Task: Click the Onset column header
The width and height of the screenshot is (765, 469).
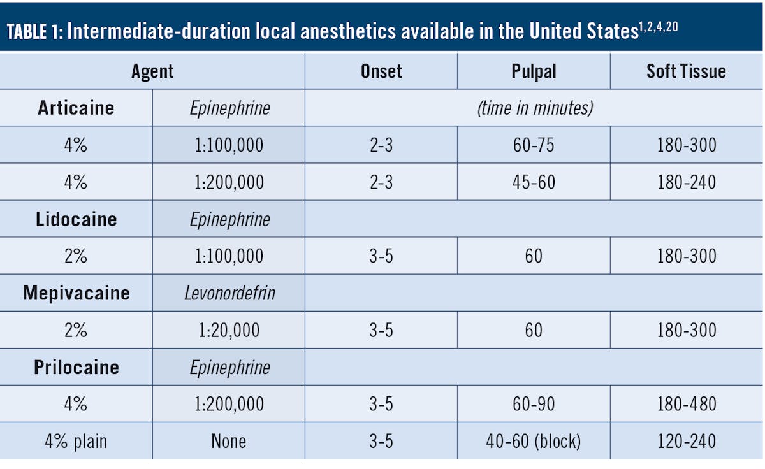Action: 381,71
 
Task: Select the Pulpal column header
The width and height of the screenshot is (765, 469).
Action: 534,71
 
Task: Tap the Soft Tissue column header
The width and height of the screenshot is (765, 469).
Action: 686,71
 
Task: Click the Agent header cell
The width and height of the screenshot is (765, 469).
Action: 152,71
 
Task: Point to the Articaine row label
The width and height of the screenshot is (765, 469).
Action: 76,108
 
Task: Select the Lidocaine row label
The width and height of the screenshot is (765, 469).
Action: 76,219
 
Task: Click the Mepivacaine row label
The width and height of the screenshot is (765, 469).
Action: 76,293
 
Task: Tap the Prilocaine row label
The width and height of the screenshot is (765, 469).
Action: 76,368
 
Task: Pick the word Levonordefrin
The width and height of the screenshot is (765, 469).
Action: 229,293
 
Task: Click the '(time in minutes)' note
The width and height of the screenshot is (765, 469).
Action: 534,108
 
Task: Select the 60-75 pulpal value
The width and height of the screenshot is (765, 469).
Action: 534,145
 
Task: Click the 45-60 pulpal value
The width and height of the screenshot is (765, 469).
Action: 534,182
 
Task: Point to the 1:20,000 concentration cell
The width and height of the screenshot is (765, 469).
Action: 229,330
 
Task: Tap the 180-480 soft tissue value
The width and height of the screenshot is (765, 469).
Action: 686,404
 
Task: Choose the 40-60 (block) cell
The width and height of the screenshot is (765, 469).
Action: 534,441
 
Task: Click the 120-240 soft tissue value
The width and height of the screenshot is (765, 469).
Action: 686,441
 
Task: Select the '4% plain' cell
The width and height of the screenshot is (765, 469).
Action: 76,441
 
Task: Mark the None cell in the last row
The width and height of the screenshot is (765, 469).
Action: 229,441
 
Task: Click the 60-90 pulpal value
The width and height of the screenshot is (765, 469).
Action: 534,404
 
